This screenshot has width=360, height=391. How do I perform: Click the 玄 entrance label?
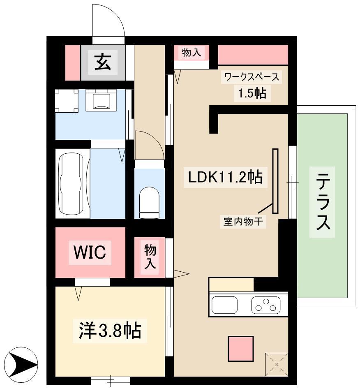pyautogui.click(x=103, y=62)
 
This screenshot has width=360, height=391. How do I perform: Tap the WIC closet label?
pyautogui.click(x=90, y=252)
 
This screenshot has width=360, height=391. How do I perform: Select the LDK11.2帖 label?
pyautogui.click(x=225, y=177)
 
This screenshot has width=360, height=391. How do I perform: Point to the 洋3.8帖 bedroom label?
pyautogui.click(x=110, y=331)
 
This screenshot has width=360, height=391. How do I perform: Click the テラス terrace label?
pyautogui.click(x=323, y=202)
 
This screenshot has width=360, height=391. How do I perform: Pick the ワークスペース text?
pyautogui.click(x=252, y=77)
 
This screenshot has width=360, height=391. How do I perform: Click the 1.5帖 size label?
pyautogui.click(x=252, y=93)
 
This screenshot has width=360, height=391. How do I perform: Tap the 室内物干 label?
pyautogui.click(x=243, y=221)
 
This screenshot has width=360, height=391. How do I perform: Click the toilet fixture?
pyautogui.click(x=149, y=202)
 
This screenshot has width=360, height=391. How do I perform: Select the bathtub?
pyautogui.click(x=70, y=183)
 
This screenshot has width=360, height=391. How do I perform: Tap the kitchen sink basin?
pyautogui.click(x=224, y=305)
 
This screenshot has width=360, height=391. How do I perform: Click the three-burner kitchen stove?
pyautogui.click(x=266, y=305)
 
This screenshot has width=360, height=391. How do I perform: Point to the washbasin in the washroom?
pyautogui.click(x=101, y=100)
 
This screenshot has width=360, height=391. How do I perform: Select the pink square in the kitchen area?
pyautogui.click(x=241, y=349)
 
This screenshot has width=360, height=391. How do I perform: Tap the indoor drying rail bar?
pyautogui.click(x=275, y=181)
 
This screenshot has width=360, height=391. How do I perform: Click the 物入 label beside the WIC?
pyautogui.click(x=150, y=257)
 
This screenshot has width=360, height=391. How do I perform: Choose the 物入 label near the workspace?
pyautogui.click(x=191, y=53)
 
